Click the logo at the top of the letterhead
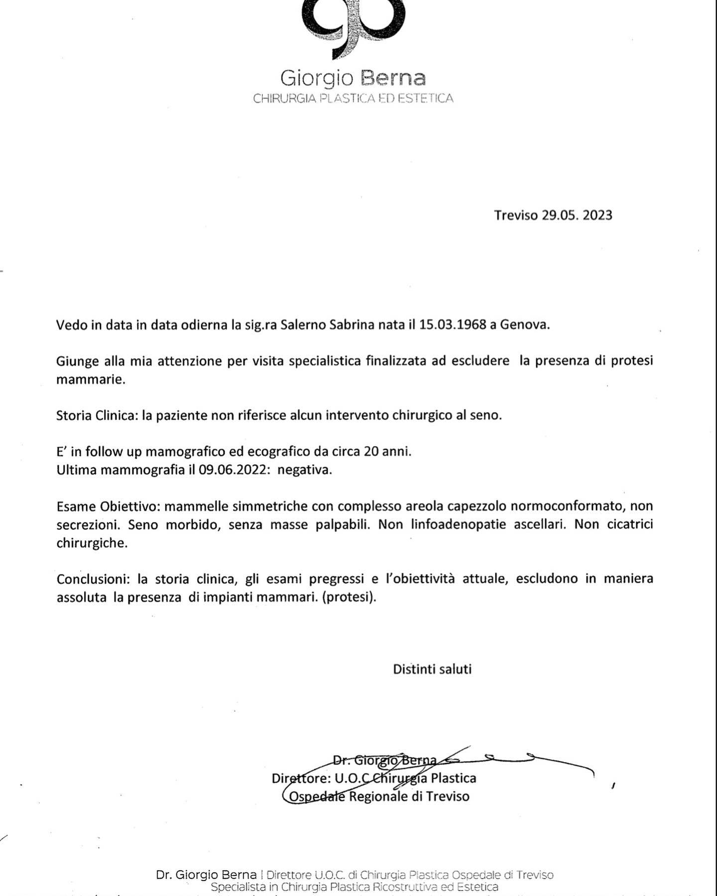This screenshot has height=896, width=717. click(353, 25)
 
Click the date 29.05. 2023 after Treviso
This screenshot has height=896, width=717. click(577, 215)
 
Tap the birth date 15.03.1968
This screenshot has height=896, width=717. click(453, 325)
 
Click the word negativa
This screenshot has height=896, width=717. click(304, 470)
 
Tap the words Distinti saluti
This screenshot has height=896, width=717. click(432, 669)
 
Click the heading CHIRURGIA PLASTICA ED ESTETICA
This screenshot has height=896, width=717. click(353, 99)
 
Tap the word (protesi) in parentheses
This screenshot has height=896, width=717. click(349, 597)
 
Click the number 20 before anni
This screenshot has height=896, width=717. click(371, 452)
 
